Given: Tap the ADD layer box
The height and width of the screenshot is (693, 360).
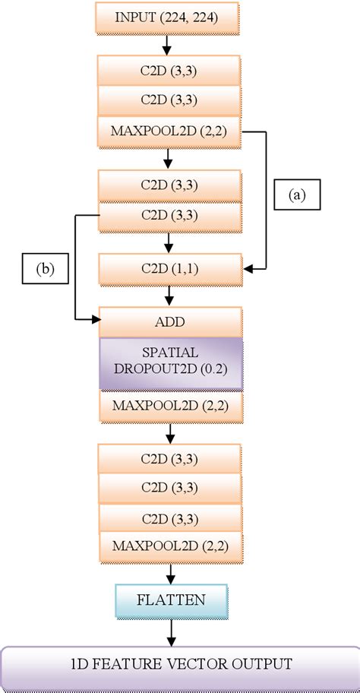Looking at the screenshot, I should point(170,322).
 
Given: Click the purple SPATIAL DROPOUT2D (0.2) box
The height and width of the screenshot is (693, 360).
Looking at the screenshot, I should point(170,365).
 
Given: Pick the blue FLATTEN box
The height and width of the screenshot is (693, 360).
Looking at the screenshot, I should point(170,600).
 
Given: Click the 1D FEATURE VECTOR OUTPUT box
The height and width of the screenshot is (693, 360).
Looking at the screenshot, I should point(180,664).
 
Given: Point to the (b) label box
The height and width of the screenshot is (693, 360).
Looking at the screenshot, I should point(43,268).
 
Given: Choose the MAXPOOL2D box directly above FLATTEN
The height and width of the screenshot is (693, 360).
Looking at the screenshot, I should point(170,545).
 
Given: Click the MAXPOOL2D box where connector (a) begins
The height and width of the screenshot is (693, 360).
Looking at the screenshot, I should point(170,133).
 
